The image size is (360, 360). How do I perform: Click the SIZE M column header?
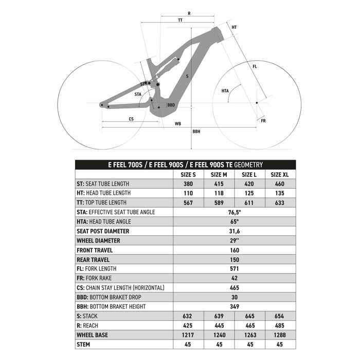pyautogui.click(x=219, y=174)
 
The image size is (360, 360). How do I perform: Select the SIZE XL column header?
pyautogui.click(x=280, y=174)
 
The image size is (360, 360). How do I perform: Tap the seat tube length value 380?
pyautogui.click(x=188, y=184)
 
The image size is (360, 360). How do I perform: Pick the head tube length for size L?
pyautogui.click(x=249, y=193)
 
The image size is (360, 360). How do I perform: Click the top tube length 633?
pyautogui.click(x=280, y=203)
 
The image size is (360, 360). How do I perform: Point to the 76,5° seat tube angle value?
pyautogui.click(x=235, y=212)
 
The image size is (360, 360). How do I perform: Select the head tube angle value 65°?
pyautogui.click(x=235, y=222)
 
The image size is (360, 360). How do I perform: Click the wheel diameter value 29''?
pyautogui.click(x=235, y=240)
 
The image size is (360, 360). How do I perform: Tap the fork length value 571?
pyautogui.click(x=235, y=268)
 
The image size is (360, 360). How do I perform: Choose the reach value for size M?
pyautogui.click(x=219, y=326)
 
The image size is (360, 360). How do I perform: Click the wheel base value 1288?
pyautogui.click(x=280, y=335)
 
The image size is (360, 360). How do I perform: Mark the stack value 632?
pyautogui.click(x=188, y=316)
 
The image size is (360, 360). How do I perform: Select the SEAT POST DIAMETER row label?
pyautogui.click(x=103, y=231)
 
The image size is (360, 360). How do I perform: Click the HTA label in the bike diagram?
pyautogui.click(x=225, y=91)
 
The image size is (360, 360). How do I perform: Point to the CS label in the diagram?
pyautogui.click(x=132, y=119)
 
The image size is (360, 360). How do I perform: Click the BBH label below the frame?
pyautogui.click(x=196, y=132)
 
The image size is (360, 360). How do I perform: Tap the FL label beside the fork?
pyautogui.click(x=255, y=67)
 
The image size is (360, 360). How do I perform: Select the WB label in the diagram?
pyautogui.click(x=178, y=124)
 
